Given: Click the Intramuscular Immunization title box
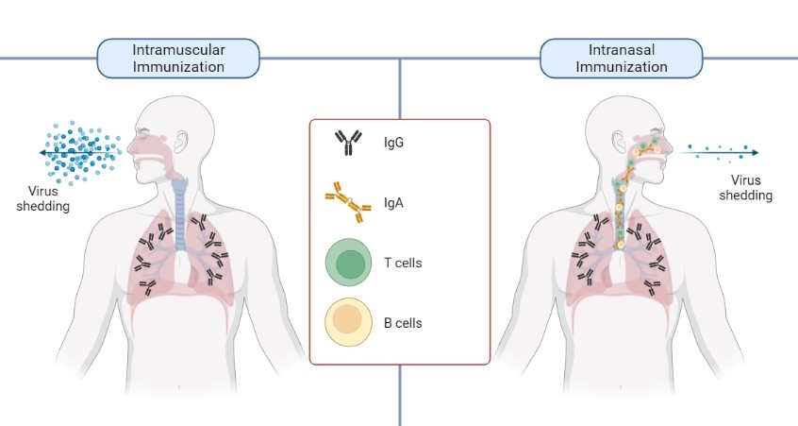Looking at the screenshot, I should point(177,59).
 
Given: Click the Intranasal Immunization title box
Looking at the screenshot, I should point(622,59).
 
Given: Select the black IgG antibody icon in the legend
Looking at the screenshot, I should point(348,144).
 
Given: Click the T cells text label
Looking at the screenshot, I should point(403,263).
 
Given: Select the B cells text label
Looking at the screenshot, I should point(403,323).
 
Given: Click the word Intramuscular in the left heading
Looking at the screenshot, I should point(177,50).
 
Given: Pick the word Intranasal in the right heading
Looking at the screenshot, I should point(622,50).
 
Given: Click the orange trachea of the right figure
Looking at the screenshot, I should point(622,213).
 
